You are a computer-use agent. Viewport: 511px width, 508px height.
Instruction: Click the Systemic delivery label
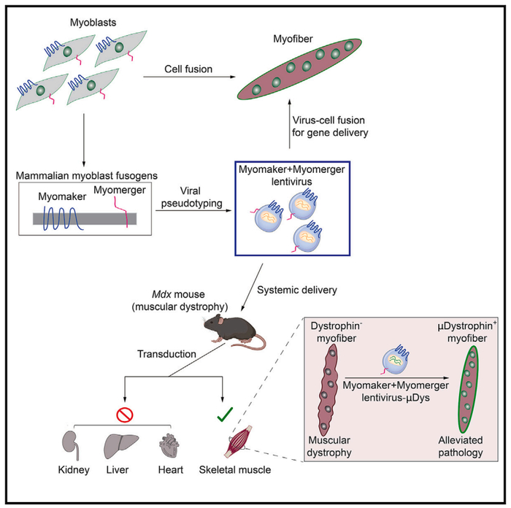coord(297,290)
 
